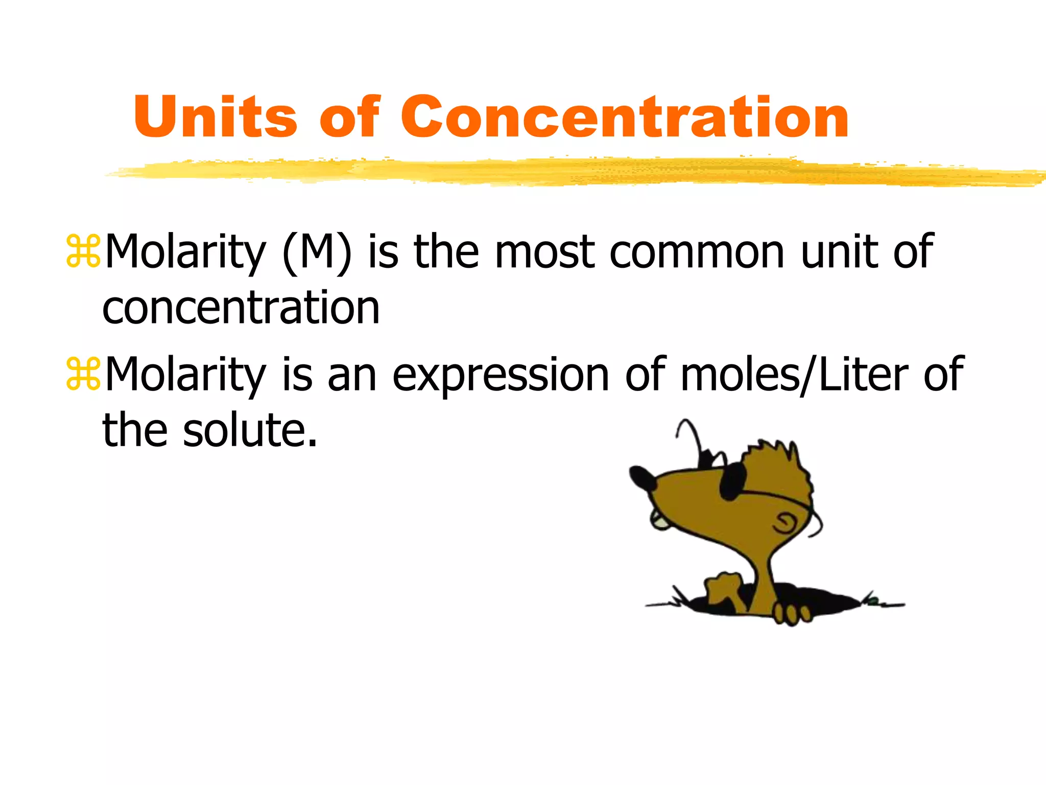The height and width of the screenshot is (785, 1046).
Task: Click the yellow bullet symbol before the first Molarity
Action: [83, 251]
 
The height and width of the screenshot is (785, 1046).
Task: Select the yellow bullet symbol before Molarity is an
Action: [83, 375]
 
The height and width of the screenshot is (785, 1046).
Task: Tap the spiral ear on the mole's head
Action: [784, 523]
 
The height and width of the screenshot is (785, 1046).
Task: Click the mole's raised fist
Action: [723, 588]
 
